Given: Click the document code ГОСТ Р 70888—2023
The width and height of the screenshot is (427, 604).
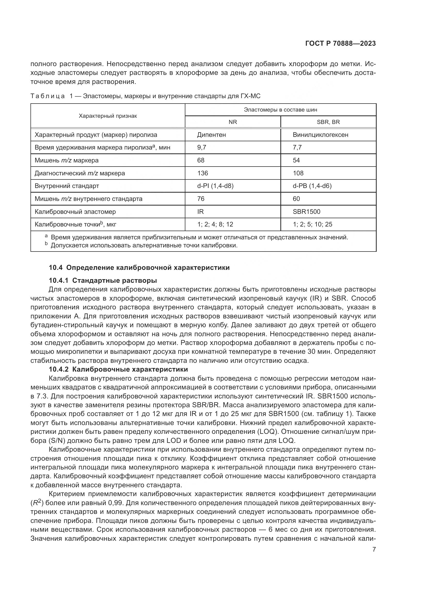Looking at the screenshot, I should click(340, 44).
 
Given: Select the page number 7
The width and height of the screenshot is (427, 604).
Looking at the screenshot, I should click(374, 549).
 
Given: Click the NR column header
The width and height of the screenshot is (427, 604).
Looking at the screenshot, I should click(233, 122).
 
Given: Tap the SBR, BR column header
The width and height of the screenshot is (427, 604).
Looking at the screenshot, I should click(328, 122).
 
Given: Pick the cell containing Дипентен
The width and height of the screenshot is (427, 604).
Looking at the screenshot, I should click(211, 135).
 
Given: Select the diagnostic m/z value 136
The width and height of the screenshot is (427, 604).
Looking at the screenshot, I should click(202, 173).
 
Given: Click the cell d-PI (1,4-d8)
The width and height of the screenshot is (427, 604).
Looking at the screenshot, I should click(215, 186).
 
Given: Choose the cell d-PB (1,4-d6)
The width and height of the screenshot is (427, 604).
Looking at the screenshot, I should click(312, 186).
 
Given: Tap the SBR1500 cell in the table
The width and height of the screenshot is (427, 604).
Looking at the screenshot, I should click(306, 212).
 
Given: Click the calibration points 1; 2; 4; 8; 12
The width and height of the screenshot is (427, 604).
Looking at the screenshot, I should click(215, 224).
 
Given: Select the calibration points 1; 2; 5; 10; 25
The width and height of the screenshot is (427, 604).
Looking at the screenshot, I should click(312, 224).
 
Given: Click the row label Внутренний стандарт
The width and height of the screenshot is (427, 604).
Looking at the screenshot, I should click(67, 186).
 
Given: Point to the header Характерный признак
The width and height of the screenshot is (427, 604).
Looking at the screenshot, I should click(108, 116).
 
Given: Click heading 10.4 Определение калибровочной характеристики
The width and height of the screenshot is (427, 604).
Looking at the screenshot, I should click(139, 268).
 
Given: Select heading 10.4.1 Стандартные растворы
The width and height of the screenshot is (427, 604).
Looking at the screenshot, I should click(103, 280).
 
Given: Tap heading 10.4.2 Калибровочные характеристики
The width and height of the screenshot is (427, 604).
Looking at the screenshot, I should click(118, 369).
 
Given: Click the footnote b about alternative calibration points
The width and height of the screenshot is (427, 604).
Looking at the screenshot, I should click(144, 245).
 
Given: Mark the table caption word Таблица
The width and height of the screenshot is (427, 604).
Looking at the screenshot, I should click(48, 96).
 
